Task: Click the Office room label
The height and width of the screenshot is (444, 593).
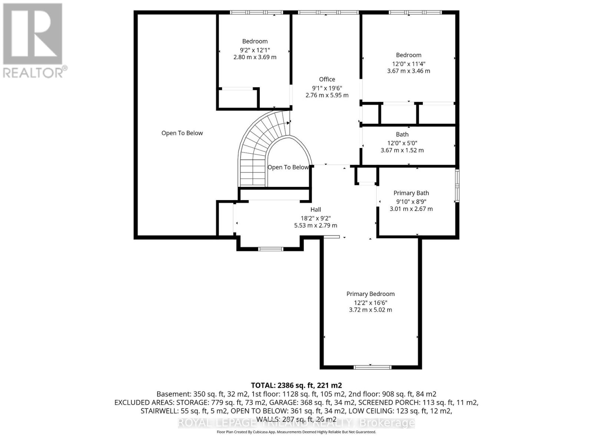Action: point(327,79)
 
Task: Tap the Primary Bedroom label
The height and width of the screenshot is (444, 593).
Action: point(370,294)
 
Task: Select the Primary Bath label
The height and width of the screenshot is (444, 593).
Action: point(411,193)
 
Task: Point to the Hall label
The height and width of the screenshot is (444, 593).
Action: point(315,209)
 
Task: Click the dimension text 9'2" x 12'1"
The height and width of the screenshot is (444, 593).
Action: point(255,50)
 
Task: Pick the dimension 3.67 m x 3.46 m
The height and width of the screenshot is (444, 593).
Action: point(408,71)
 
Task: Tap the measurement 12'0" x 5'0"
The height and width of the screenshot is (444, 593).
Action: point(402,143)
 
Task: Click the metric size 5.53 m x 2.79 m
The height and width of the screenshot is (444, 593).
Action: point(315,225)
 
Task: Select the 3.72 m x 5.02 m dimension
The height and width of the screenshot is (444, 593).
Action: point(370,310)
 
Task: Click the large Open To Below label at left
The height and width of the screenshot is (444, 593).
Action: point(182,133)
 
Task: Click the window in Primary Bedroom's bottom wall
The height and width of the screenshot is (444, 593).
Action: point(372,367)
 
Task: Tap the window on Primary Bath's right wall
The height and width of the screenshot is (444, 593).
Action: point(457,185)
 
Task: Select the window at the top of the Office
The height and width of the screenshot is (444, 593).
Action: point(328,12)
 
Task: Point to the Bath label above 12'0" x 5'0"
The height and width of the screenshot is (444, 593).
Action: point(402,134)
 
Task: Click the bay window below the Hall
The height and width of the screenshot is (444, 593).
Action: point(271,249)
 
